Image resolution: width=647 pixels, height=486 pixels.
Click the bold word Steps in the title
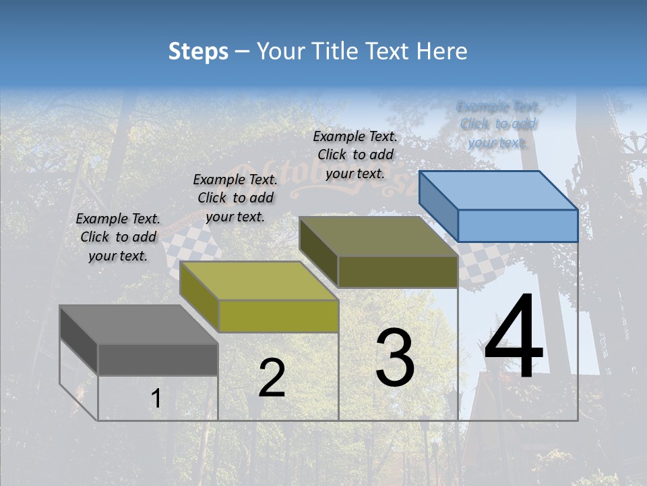(x=198, y=51)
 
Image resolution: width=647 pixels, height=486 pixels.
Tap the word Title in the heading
(x=335, y=51)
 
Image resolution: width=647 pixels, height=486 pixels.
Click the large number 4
(x=514, y=337)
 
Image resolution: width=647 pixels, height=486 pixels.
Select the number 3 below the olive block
(x=395, y=358)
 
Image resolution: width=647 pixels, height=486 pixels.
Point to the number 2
(x=272, y=378)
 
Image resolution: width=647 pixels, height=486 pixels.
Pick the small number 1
(x=156, y=399)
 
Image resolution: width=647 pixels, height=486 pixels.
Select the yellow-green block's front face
(x=278, y=316)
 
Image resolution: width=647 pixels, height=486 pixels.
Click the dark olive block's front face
(x=398, y=272)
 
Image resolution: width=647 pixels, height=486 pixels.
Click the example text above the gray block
(x=118, y=237)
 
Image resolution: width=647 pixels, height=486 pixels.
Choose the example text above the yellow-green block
(x=235, y=198)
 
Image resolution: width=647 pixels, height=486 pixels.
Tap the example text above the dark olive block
(x=355, y=155)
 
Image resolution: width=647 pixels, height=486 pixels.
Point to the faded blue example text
(x=498, y=124)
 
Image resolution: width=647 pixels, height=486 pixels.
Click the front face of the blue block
(x=518, y=225)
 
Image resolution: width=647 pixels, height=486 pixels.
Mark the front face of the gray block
(x=158, y=360)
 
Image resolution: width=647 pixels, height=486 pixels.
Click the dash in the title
(x=243, y=51)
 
